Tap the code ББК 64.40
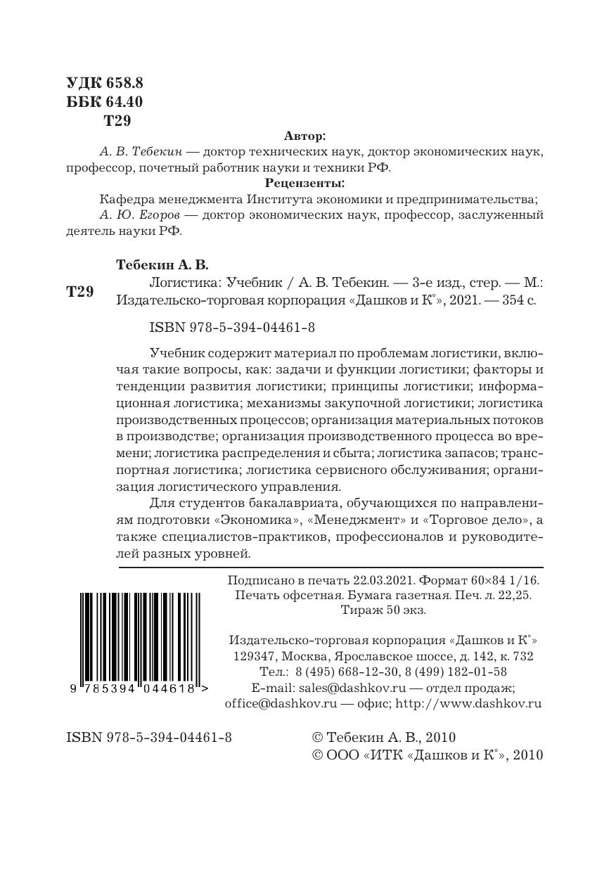point(104,102)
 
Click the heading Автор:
point(304,136)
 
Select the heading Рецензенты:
point(304,184)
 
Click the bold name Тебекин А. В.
point(162,264)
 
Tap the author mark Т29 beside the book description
point(79,292)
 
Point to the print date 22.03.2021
point(385,581)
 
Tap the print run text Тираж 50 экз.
point(383,610)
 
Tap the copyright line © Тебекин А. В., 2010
point(383,738)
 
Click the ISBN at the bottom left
point(148,738)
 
